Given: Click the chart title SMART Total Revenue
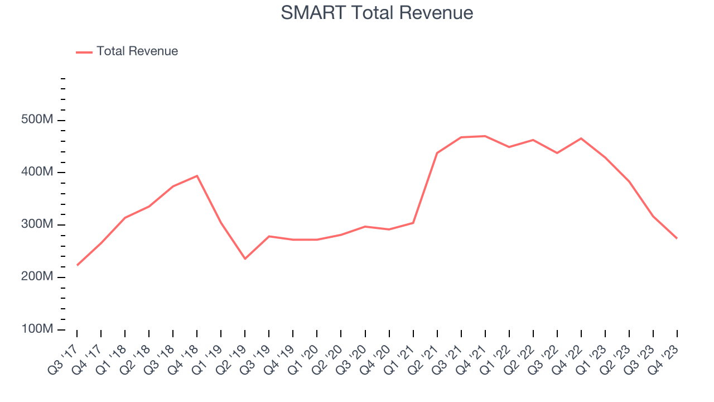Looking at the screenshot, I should point(377,12).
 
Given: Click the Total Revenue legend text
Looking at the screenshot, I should point(137,51).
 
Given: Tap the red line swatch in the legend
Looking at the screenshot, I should point(84,52).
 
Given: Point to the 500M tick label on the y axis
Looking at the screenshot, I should point(37,121).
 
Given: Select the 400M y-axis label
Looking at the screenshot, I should point(37,173).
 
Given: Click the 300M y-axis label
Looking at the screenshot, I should point(37,225).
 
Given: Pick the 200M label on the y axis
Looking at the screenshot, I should point(37,277).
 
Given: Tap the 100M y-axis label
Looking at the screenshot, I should point(37,329).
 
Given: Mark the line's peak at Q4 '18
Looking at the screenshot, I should point(197,176).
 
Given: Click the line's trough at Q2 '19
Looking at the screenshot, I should point(245,259).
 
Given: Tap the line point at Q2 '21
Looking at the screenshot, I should point(437,153).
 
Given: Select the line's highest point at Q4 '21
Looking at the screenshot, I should point(485,136).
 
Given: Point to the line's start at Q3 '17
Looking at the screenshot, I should point(77,265).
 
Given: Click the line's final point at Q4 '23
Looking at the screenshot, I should point(677,238).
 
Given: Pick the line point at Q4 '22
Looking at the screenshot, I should point(581,138).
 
